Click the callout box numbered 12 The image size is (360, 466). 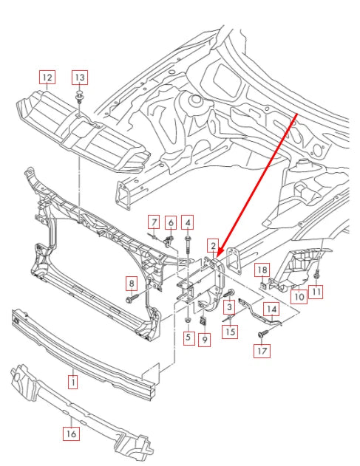tap(47, 77)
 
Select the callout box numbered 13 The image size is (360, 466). tap(79, 77)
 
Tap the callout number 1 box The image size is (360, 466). tap(73, 382)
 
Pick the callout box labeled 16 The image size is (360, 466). tap(71, 434)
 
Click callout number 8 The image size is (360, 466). tap(132, 283)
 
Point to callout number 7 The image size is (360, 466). tap(153, 222)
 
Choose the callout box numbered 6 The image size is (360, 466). tap(170, 222)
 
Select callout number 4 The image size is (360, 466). tap(189, 222)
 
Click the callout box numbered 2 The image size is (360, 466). tap(213, 246)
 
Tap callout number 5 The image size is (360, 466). tap(188, 337)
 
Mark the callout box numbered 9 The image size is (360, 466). tap(205, 340)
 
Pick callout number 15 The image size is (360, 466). tap(231, 332)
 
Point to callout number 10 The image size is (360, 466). tap(298, 297)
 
